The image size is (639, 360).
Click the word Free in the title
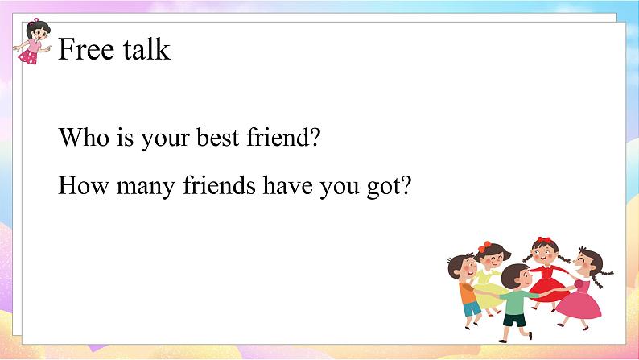click(x=86, y=49)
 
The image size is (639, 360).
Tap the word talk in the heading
click(x=146, y=49)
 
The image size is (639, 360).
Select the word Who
click(x=84, y=137)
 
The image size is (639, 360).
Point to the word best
click(x=217, y=137)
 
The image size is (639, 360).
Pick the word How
click(x=84, y=185)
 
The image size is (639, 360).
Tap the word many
click(x=146, y=188)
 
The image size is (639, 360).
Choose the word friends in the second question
click(x=219, y=185)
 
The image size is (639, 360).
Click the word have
click(x=288, y=185)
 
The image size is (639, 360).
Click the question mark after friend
click(x=315, y=137)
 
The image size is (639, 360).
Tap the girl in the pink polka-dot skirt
click(x=32, y=41)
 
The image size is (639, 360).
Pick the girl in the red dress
click(x=547, y=273)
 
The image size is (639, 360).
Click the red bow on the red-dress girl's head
click(x=544, y=240)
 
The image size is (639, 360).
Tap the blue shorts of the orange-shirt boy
click(x=472, y=308)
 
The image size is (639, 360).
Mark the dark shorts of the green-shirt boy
click(x=514, y=320)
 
